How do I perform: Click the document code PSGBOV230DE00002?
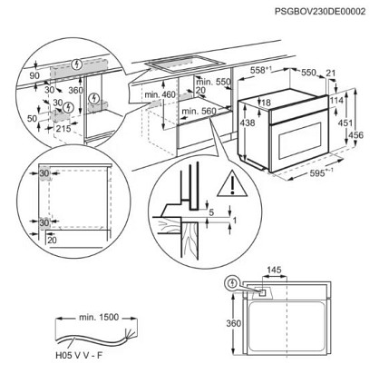[x=320, y=12]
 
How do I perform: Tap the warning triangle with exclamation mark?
[x=232, y=183]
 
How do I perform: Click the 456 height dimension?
[x=356, y=135]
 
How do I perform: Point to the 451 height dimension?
[x=345, y=123]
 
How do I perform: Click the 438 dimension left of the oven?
[x=248, y=123]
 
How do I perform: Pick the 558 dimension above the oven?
[x=261, y=70]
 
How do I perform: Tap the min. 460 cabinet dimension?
[x=160, y=94]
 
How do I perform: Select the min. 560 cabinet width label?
[x=199, y=112]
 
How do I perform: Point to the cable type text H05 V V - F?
[x=79, y=355]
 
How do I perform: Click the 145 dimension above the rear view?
[x=274, y=270]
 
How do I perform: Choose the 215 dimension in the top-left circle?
[x=63, y=129]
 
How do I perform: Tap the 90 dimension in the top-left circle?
[x=34, y=75]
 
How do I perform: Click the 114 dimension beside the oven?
[x=336, y=100]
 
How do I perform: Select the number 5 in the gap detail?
[x=211, y=212]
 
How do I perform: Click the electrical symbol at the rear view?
[x=232, y=283]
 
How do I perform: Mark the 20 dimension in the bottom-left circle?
[x=52, y=240]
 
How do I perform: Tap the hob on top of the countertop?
[x=185, y=64]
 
